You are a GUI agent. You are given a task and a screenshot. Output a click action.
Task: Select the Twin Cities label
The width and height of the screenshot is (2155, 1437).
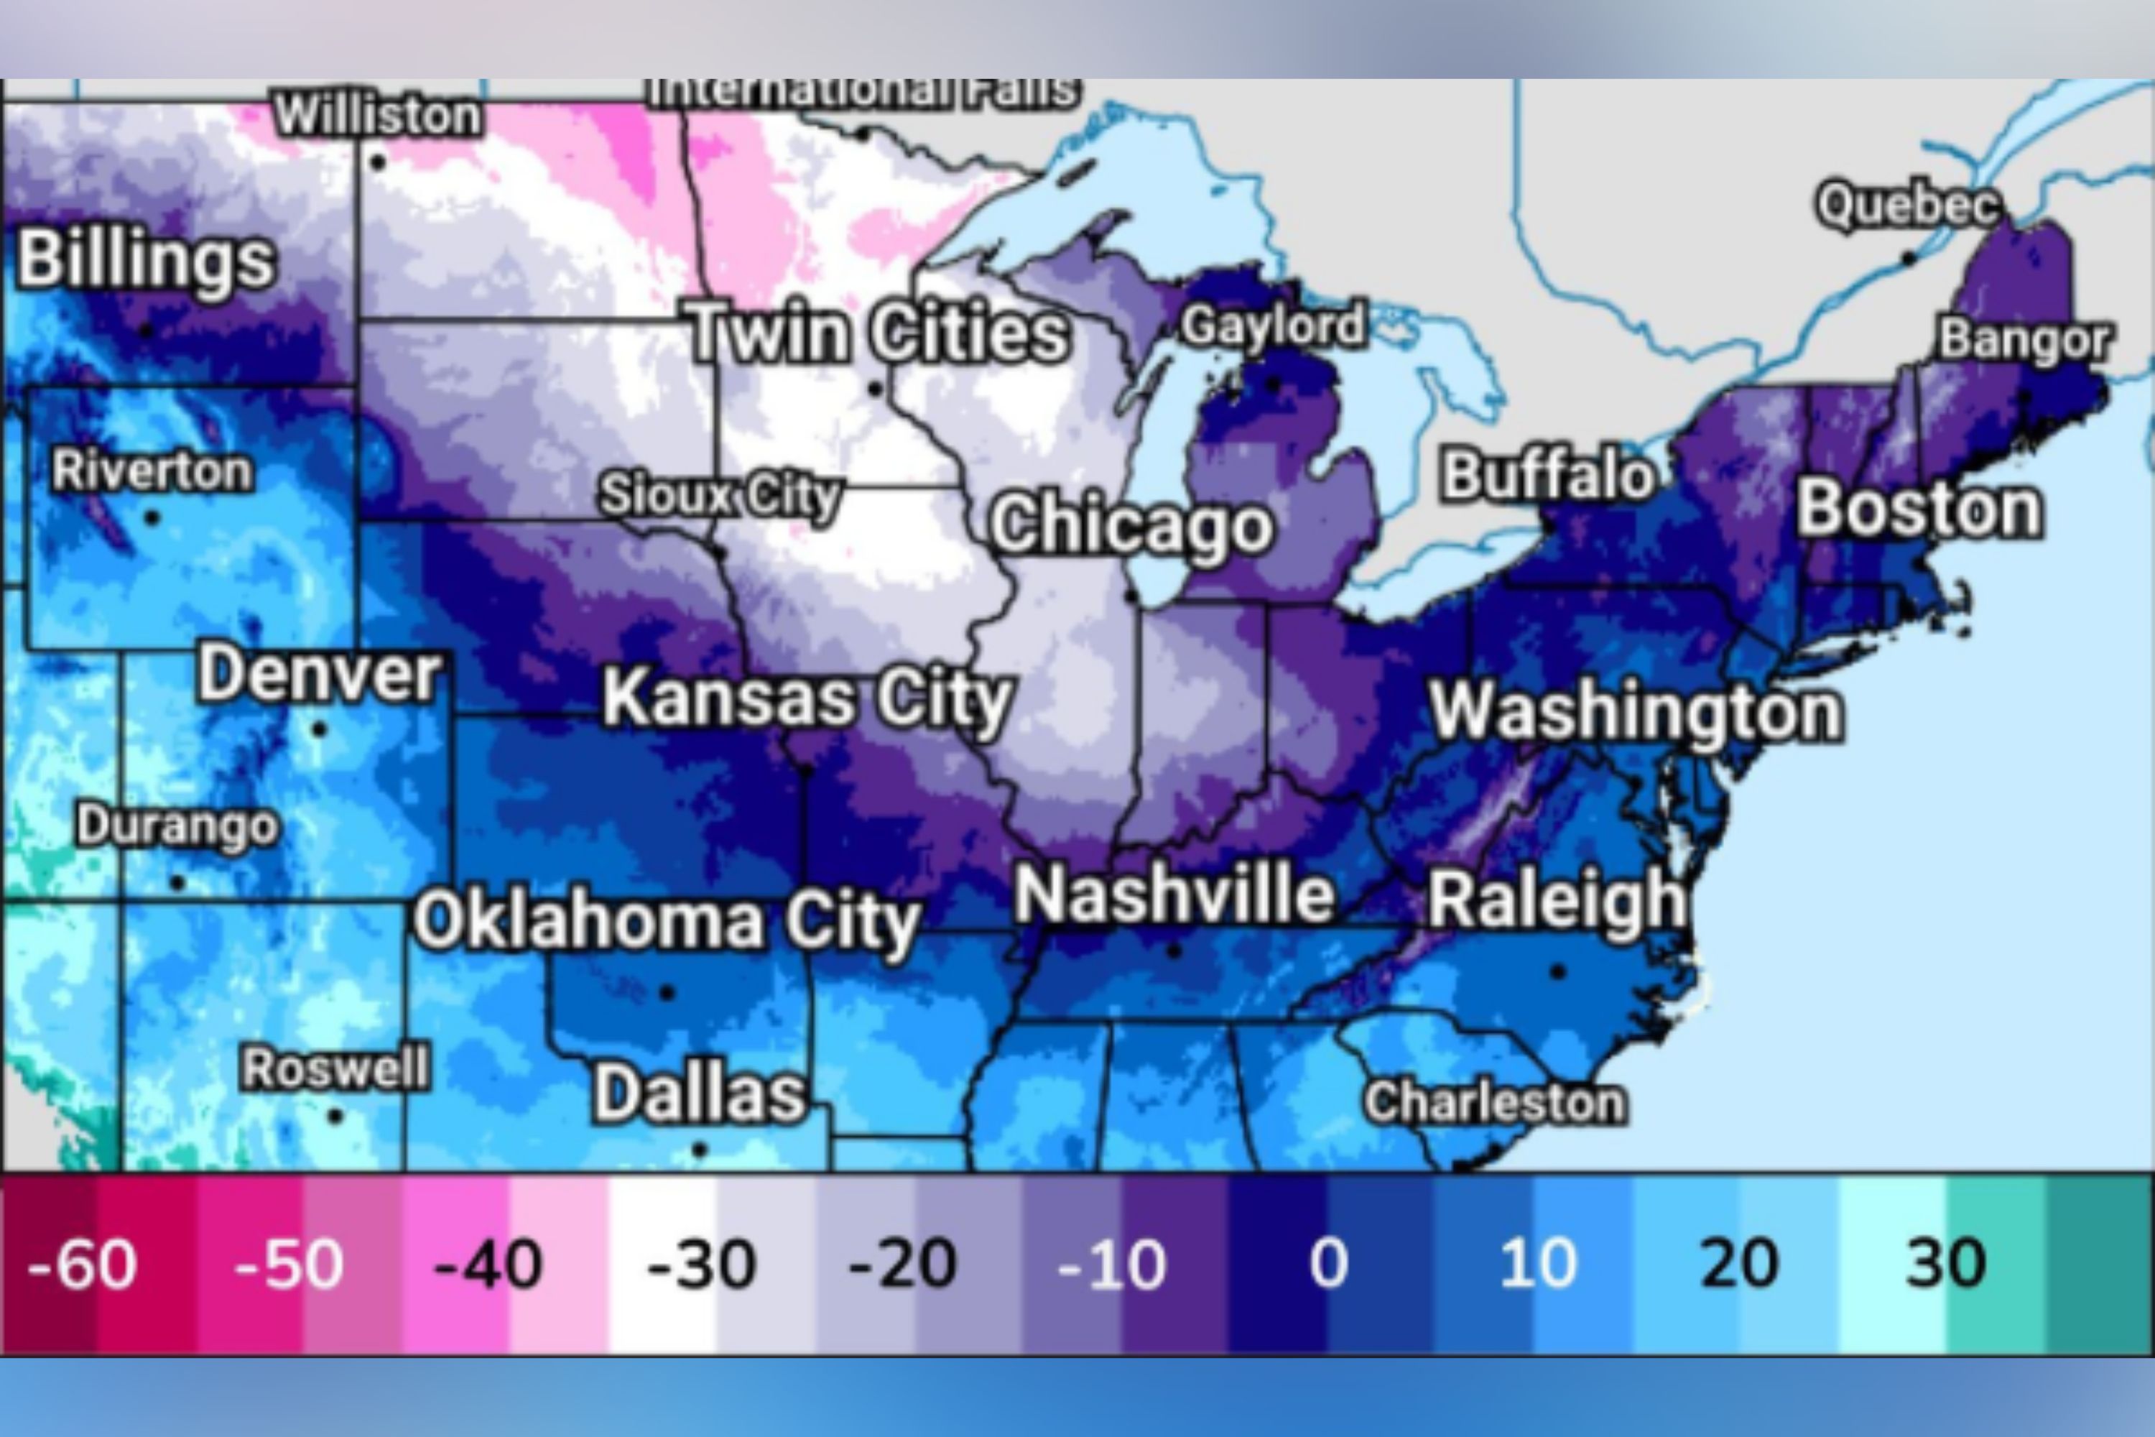pos(878,332)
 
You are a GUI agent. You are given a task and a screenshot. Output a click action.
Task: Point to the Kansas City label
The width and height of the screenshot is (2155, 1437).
pos(806,698)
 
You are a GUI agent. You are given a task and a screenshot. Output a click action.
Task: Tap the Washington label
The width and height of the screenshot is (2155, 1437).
pos(1636,711)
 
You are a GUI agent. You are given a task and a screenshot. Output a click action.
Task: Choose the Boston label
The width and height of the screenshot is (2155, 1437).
pos(1919,509)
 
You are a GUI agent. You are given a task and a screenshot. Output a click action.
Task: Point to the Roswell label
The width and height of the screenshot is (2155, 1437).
pos(335,1068)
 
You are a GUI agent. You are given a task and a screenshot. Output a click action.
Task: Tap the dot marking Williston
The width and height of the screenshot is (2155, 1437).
pos(378,163)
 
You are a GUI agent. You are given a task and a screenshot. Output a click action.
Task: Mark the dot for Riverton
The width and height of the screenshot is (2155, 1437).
pos(152,519)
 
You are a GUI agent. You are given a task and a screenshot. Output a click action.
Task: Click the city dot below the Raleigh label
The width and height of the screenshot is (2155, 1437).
pos(1557,971)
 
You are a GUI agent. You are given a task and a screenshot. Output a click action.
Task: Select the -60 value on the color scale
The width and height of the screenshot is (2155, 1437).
pos(83,1265)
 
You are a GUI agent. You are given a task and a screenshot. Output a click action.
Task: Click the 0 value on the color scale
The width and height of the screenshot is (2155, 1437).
pos(1328,1265)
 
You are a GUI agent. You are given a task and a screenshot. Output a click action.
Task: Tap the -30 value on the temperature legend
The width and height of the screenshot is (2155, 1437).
pos(701,1265)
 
